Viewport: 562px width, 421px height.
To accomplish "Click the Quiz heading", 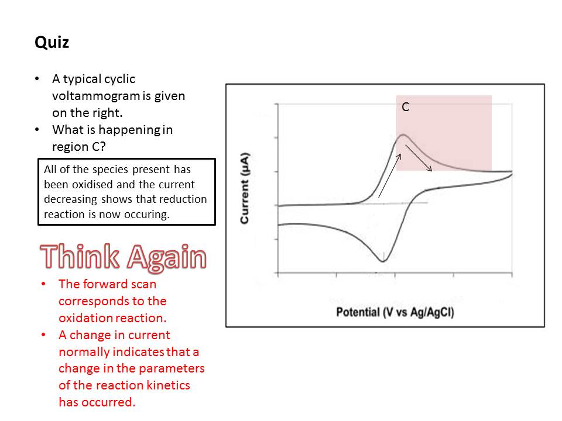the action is click(52, 43).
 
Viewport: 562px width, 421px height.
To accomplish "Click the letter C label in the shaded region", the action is click(405, 106).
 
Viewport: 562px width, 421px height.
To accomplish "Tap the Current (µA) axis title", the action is click(245, 188).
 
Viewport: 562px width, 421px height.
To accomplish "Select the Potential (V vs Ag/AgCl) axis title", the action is click(395, 312).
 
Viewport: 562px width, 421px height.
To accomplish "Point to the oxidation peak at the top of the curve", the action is click(403, 135).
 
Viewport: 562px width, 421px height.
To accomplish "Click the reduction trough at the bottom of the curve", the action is click(382, 261).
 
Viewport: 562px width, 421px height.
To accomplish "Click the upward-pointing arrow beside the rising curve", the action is click(390, 176).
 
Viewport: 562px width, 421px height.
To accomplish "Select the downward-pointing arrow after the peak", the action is click(419, 158).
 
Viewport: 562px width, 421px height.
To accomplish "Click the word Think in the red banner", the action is click(80, 256).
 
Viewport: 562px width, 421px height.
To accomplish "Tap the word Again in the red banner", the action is click(167, 258).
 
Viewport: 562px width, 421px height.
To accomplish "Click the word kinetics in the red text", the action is click(169, 385).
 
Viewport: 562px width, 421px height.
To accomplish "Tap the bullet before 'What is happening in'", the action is click(37, 130).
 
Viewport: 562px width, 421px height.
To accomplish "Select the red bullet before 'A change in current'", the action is click(43, 335).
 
